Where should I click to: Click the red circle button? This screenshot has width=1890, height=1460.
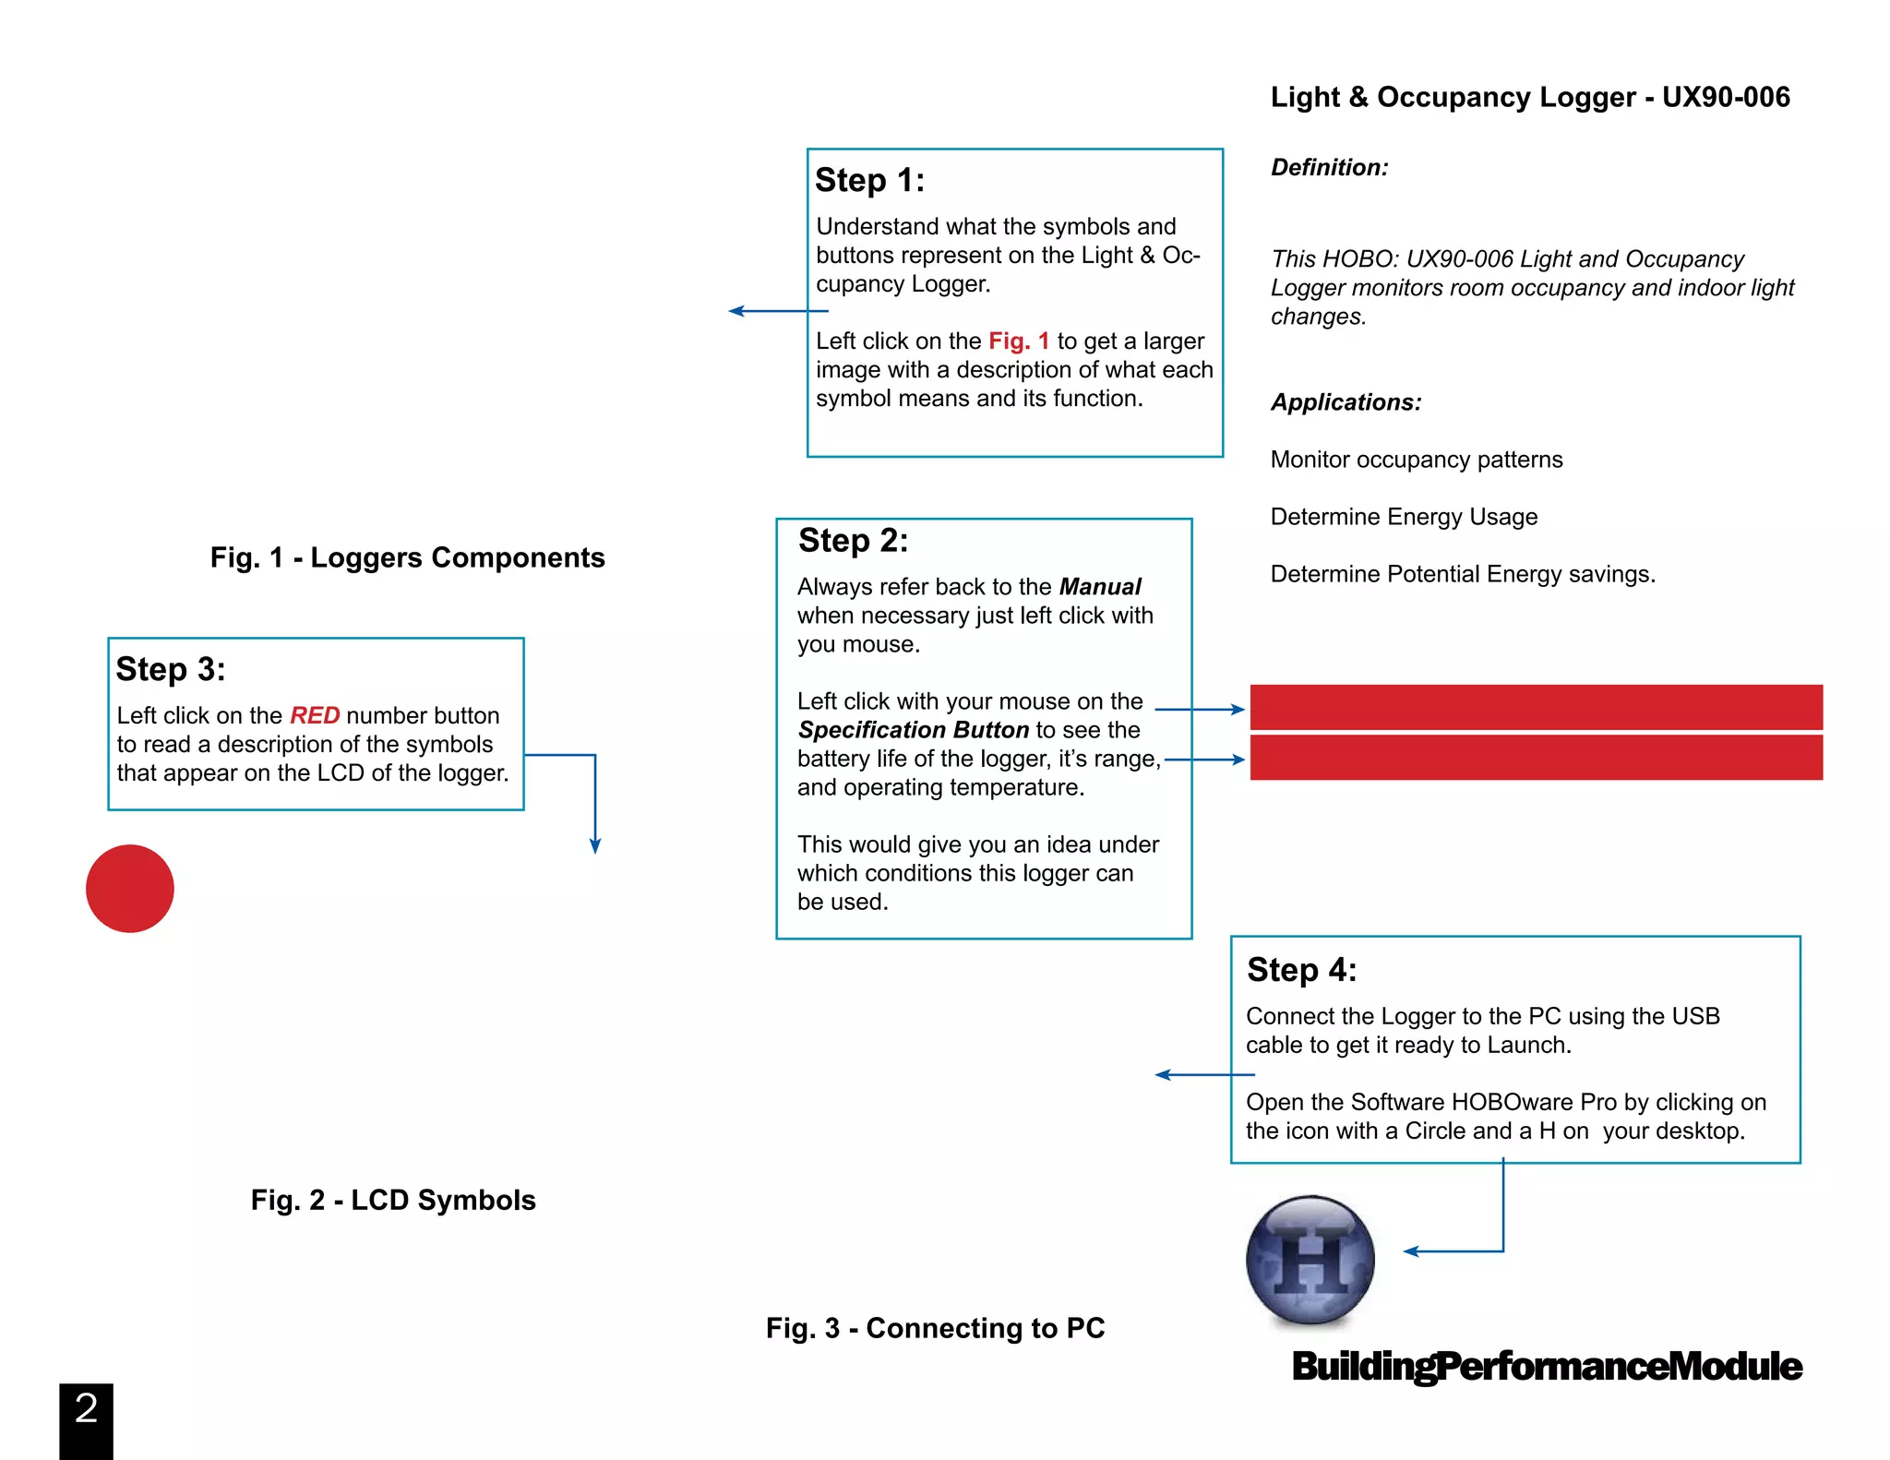coord(130,888)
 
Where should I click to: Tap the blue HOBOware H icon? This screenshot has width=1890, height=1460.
coord(1310,1260)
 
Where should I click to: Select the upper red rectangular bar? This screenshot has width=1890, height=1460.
coord(1536,708)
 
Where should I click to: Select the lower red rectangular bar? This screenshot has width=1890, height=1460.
coord(1536,758)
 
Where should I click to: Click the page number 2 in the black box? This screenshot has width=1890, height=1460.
coord(87,1409)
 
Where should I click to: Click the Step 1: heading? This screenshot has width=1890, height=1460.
coord(869,180)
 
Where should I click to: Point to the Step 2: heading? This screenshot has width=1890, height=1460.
coord(853,540)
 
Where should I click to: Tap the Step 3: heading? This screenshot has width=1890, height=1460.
coord(171,669)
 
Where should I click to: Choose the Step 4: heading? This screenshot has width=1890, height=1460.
coord(1301,970)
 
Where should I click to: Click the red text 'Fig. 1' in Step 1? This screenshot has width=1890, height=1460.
coord(1019,341)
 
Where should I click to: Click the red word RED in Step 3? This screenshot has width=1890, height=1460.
coord(315,715)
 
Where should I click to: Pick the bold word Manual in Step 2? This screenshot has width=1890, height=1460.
coord(1100,587)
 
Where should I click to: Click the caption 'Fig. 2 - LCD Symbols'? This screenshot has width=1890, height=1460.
coord(393,1200)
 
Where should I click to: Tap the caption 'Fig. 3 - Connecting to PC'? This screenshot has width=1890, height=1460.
coord(935,1328)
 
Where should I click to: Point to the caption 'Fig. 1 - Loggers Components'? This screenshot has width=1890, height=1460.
coord(407,557)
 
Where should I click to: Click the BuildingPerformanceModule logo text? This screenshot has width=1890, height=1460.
coord(1547,1366)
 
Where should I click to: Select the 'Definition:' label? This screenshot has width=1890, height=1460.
coord(1329,167)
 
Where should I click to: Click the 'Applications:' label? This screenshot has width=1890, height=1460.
coord(1346,402)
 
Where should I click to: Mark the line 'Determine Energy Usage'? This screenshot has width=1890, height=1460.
coord(1404,517)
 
